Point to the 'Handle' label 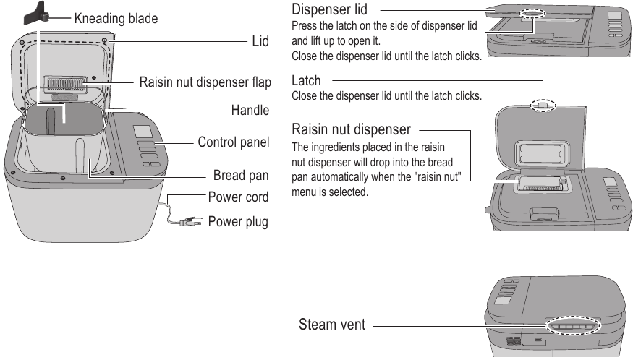point(250,111)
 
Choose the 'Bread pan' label point(242,176)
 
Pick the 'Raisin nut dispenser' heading point(351,130)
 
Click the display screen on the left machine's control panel point(142,132)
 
